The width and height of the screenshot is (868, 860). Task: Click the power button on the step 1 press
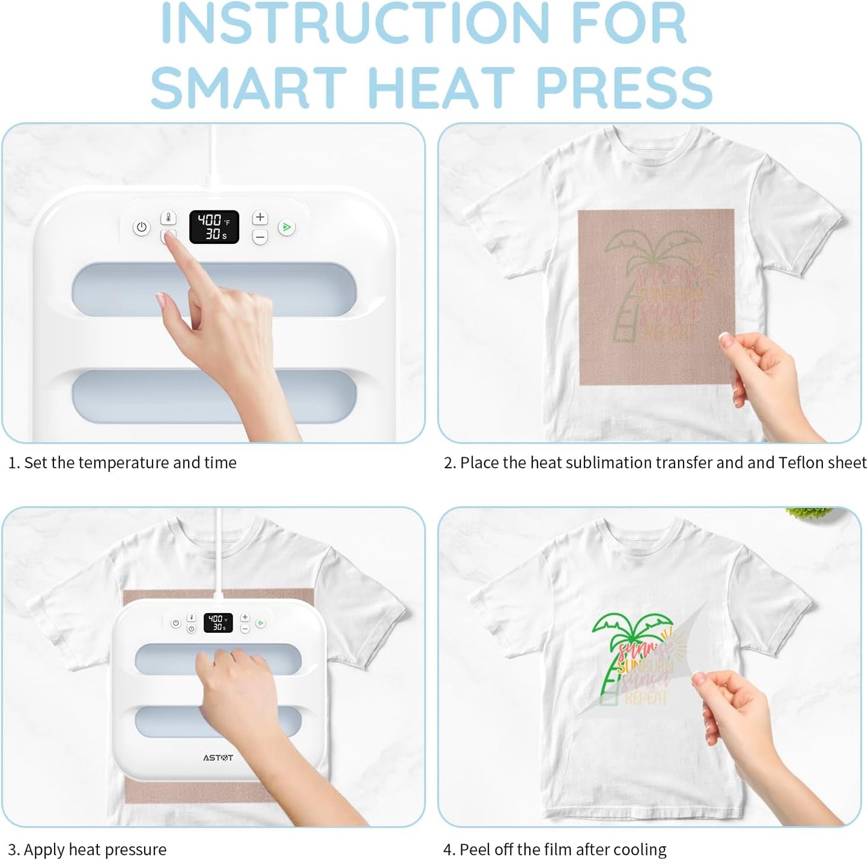pyautogui.click(x=141, y=228)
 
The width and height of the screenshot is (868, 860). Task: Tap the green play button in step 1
pyautogui.click(x=287, y=228)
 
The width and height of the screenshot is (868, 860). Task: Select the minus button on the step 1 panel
pyautogui.click(x=259, y=237)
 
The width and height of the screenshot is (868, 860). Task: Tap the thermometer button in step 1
pyautogui.click(x=168, y=218)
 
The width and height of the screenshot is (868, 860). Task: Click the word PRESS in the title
pyautogui.click(x=624, y=87)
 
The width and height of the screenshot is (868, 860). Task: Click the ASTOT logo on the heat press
pyautogui.click(x=217, y=758)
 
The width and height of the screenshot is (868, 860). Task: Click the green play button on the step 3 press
pyautogui.click(x=260, y=623)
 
